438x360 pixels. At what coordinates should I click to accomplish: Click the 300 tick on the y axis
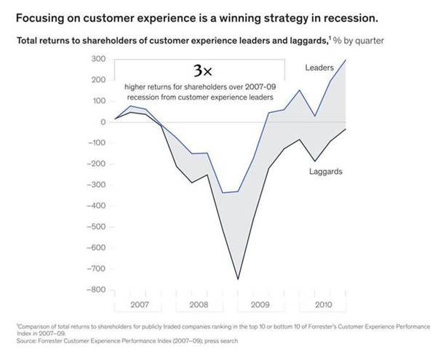coord(97,59)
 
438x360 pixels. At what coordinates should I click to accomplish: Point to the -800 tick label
coord(95,290)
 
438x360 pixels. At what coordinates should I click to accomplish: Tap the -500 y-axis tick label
coord(95,227)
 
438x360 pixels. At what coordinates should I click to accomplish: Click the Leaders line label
coord(319,68)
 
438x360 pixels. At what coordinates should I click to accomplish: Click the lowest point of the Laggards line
coord(237,279)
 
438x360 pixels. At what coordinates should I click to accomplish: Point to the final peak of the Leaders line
coord(346,60)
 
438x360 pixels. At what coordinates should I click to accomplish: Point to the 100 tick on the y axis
coord(97,101)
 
